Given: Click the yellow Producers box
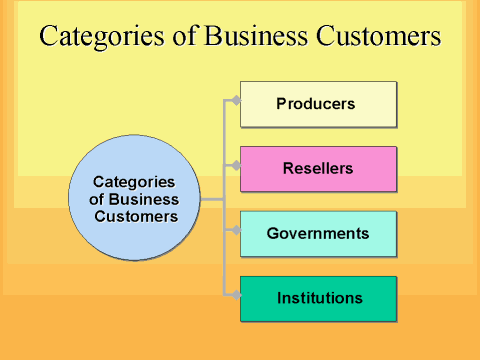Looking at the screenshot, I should click(318, 104).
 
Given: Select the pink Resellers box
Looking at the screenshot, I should click(318, 168).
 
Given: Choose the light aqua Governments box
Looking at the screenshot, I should click(318, 233).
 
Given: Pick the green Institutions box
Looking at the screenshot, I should click(318, 298).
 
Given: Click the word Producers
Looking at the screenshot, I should click(316, 103).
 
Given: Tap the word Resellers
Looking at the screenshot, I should click(317, 168).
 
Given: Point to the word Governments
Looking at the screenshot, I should click(318, 233).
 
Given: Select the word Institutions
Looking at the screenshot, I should click(320, 298).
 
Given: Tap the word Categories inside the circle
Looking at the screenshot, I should click(134, 182).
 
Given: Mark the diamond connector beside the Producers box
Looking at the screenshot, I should click(236, 99).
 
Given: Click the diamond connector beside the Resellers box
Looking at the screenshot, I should click(236, 164).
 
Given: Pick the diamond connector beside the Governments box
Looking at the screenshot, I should click(236, 229).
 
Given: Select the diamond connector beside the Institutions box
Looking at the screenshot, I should click(236, 294).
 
